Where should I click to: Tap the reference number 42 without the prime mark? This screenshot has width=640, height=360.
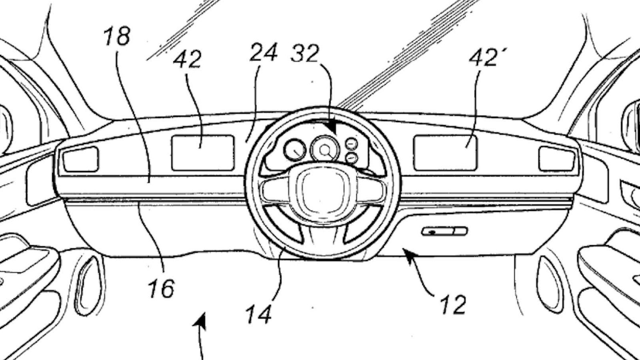click(187, 60)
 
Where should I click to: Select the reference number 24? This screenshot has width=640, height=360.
click(263, 52)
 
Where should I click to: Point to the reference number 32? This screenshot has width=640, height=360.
click(305, 53)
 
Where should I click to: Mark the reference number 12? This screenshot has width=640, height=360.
click(453, 304)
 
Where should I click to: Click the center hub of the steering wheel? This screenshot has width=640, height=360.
click(322, 188)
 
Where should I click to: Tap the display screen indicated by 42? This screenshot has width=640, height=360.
click(203, 153)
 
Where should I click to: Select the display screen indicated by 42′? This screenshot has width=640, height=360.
click(445, 153)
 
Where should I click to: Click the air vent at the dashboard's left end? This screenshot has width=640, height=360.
click(81, 159)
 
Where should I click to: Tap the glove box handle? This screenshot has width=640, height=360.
click(444, 231)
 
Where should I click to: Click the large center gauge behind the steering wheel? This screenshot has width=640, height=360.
click(324, 150)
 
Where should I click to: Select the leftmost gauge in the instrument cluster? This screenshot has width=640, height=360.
click(295, 150)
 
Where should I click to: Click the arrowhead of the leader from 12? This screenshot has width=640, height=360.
click(406, 251)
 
